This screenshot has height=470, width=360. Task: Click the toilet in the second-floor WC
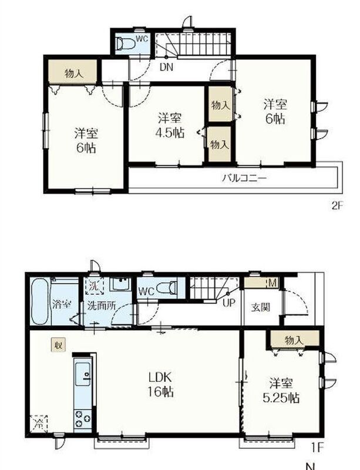(x=126, y=43)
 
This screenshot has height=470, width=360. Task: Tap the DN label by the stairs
(x=166, y=67)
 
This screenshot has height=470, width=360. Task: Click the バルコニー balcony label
(x=244, y=179)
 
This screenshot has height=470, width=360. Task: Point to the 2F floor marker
(x=337, y=206)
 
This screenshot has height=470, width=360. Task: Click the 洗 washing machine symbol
(x=94, y=286)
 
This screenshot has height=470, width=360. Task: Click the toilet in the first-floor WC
(x=167, y=288)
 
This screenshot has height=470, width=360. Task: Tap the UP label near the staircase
(x=228, y=303)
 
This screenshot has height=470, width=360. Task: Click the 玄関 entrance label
(x=261, y=307)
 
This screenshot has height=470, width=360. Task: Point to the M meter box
(x=272, y=283)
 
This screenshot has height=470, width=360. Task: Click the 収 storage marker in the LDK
(x=58, y=345)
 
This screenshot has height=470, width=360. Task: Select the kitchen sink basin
(x=83, y=374)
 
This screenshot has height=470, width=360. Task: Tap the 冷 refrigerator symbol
(x=39, y=424)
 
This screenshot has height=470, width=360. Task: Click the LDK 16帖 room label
(x=161, y=384)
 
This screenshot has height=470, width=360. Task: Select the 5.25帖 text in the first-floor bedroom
(x=281, y=398)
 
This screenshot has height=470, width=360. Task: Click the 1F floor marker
(x=318, y=448)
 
